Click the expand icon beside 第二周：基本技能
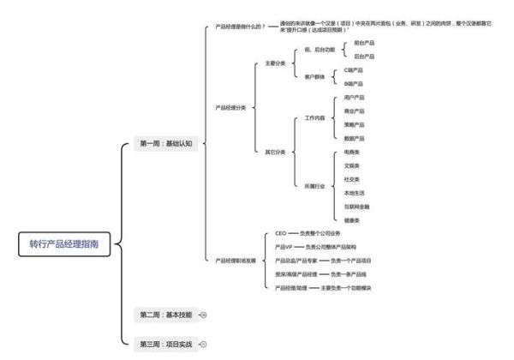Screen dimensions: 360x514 (203, 315)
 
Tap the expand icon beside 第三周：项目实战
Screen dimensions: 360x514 (203, 344)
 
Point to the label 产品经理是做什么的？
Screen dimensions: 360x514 (240, 27)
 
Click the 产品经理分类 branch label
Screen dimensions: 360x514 (230, 108)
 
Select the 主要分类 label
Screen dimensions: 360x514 (274, 63)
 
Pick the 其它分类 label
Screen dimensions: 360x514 (274, 152)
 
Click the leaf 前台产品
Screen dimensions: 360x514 (364, 42)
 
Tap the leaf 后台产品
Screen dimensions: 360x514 (364, 56)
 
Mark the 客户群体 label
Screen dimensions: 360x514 (316, 77)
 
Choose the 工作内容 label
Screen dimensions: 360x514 (316, 117)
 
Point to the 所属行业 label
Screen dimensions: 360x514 (316, 186)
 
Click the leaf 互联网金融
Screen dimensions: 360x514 (358, 207)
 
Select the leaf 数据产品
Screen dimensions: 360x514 (354, 138)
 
